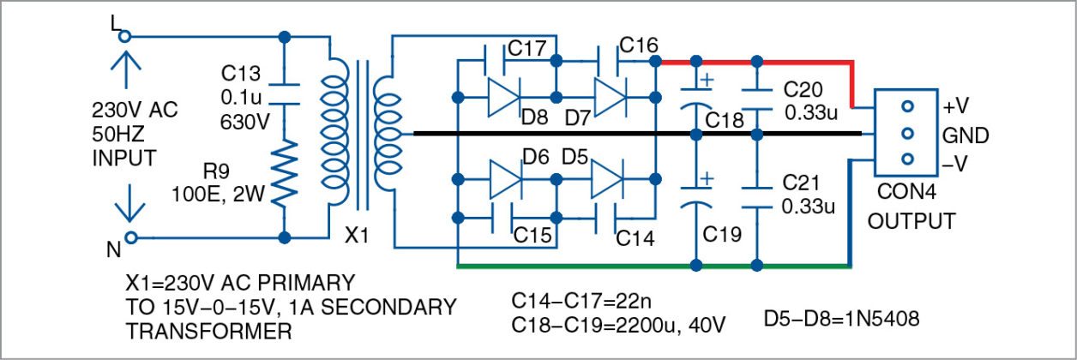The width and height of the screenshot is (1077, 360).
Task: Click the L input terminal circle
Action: click(124, 37)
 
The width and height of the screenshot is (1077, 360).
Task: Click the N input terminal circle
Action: click(130, 237)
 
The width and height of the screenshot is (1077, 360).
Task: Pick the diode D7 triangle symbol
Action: click(610, 95)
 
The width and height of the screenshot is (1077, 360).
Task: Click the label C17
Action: click(527, 49)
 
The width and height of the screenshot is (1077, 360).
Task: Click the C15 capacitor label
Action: click(532, 233)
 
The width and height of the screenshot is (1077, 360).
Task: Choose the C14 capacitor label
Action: click(635, 237)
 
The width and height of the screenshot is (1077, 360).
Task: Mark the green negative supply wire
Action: click(652, 267)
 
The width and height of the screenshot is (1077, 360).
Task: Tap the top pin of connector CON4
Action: click(908, 108)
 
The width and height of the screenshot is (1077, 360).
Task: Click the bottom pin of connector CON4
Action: click(908, 159)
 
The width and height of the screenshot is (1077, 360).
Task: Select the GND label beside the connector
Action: click(966, 135)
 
